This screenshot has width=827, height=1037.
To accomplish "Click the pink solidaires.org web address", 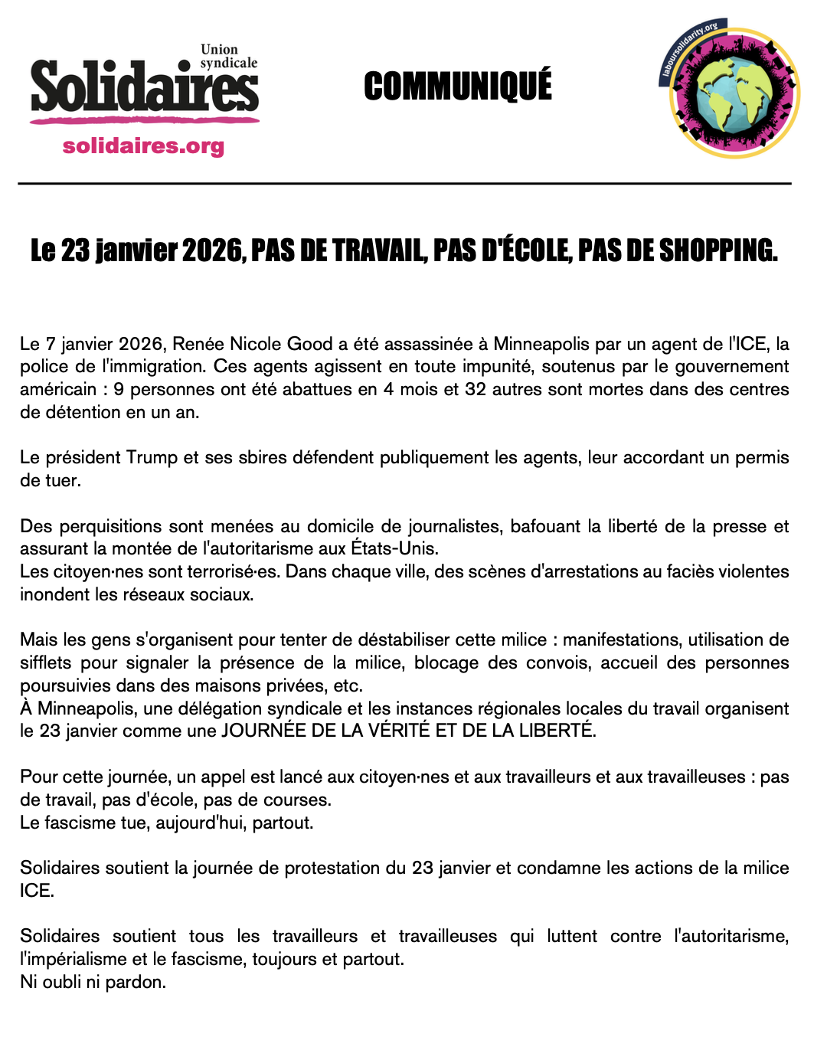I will [x=143, y=146].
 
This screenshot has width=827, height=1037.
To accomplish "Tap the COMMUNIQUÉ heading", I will [x=458, y=86].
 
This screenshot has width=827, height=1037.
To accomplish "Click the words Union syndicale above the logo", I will [x=227, y=56].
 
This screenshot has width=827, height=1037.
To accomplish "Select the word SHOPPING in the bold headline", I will [x=718, y=250].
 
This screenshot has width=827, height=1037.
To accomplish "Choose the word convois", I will [x=558, y=662].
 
